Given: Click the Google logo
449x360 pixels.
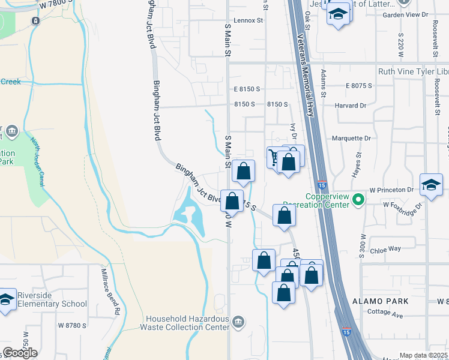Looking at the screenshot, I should point(20,353).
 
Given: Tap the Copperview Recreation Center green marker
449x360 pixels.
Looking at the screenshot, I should point(358,198).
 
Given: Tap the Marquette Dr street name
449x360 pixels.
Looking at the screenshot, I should point(351,138).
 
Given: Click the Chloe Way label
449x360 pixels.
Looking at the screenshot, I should point(385,249).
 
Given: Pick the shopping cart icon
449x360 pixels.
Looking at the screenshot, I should point(274,157).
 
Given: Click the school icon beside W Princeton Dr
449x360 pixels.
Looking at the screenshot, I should point(431,186).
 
